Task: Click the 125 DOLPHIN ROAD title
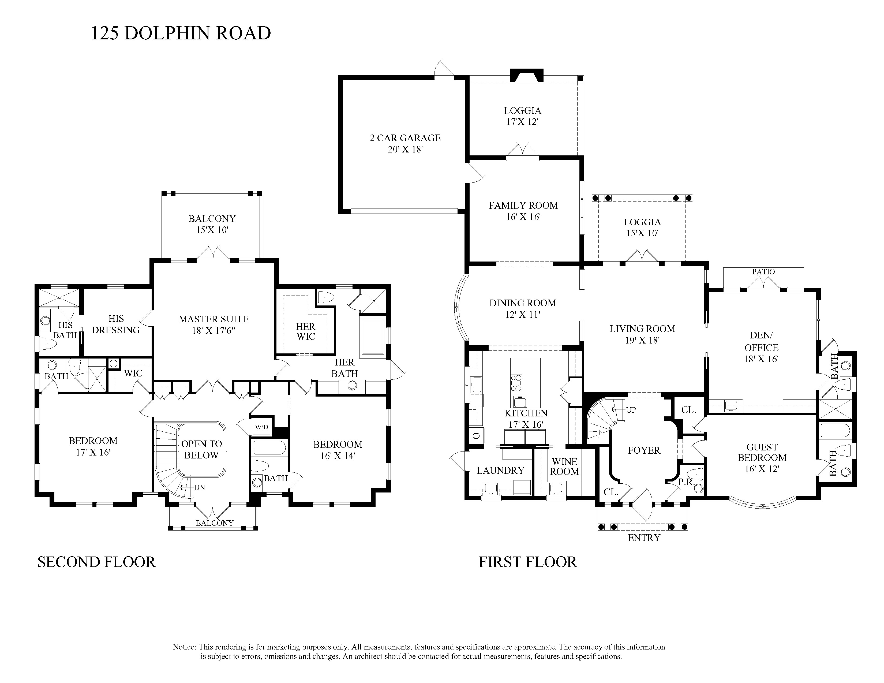point(181,33)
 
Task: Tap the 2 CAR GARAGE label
point(405,138)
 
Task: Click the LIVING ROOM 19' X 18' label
point(642,334)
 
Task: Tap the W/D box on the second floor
point(261,427)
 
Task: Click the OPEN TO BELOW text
point(201,449)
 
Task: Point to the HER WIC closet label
point(306,331)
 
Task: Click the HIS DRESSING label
point(116,324)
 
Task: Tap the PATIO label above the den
point(763,272)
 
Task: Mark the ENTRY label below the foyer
point(644,538)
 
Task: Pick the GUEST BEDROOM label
point(762,452)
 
